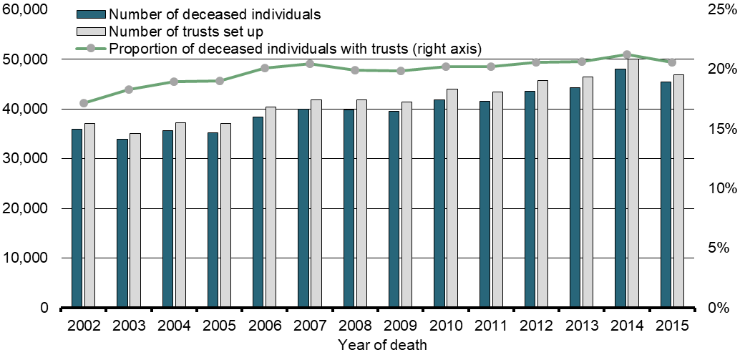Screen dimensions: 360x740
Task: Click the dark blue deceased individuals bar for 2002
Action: [x=77, y=218]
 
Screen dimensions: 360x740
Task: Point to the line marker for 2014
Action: [x=626, y=54]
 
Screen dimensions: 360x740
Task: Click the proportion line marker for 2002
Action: [x=84, y=103]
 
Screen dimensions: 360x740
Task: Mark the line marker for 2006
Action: [x=265, y=68]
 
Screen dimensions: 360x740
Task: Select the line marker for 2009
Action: [x=400, y=71]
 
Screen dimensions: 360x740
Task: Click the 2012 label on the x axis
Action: [x=535, y=326]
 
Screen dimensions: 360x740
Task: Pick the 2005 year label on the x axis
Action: [x=219, y=326]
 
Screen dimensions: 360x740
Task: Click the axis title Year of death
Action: [x=383, y=345]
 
